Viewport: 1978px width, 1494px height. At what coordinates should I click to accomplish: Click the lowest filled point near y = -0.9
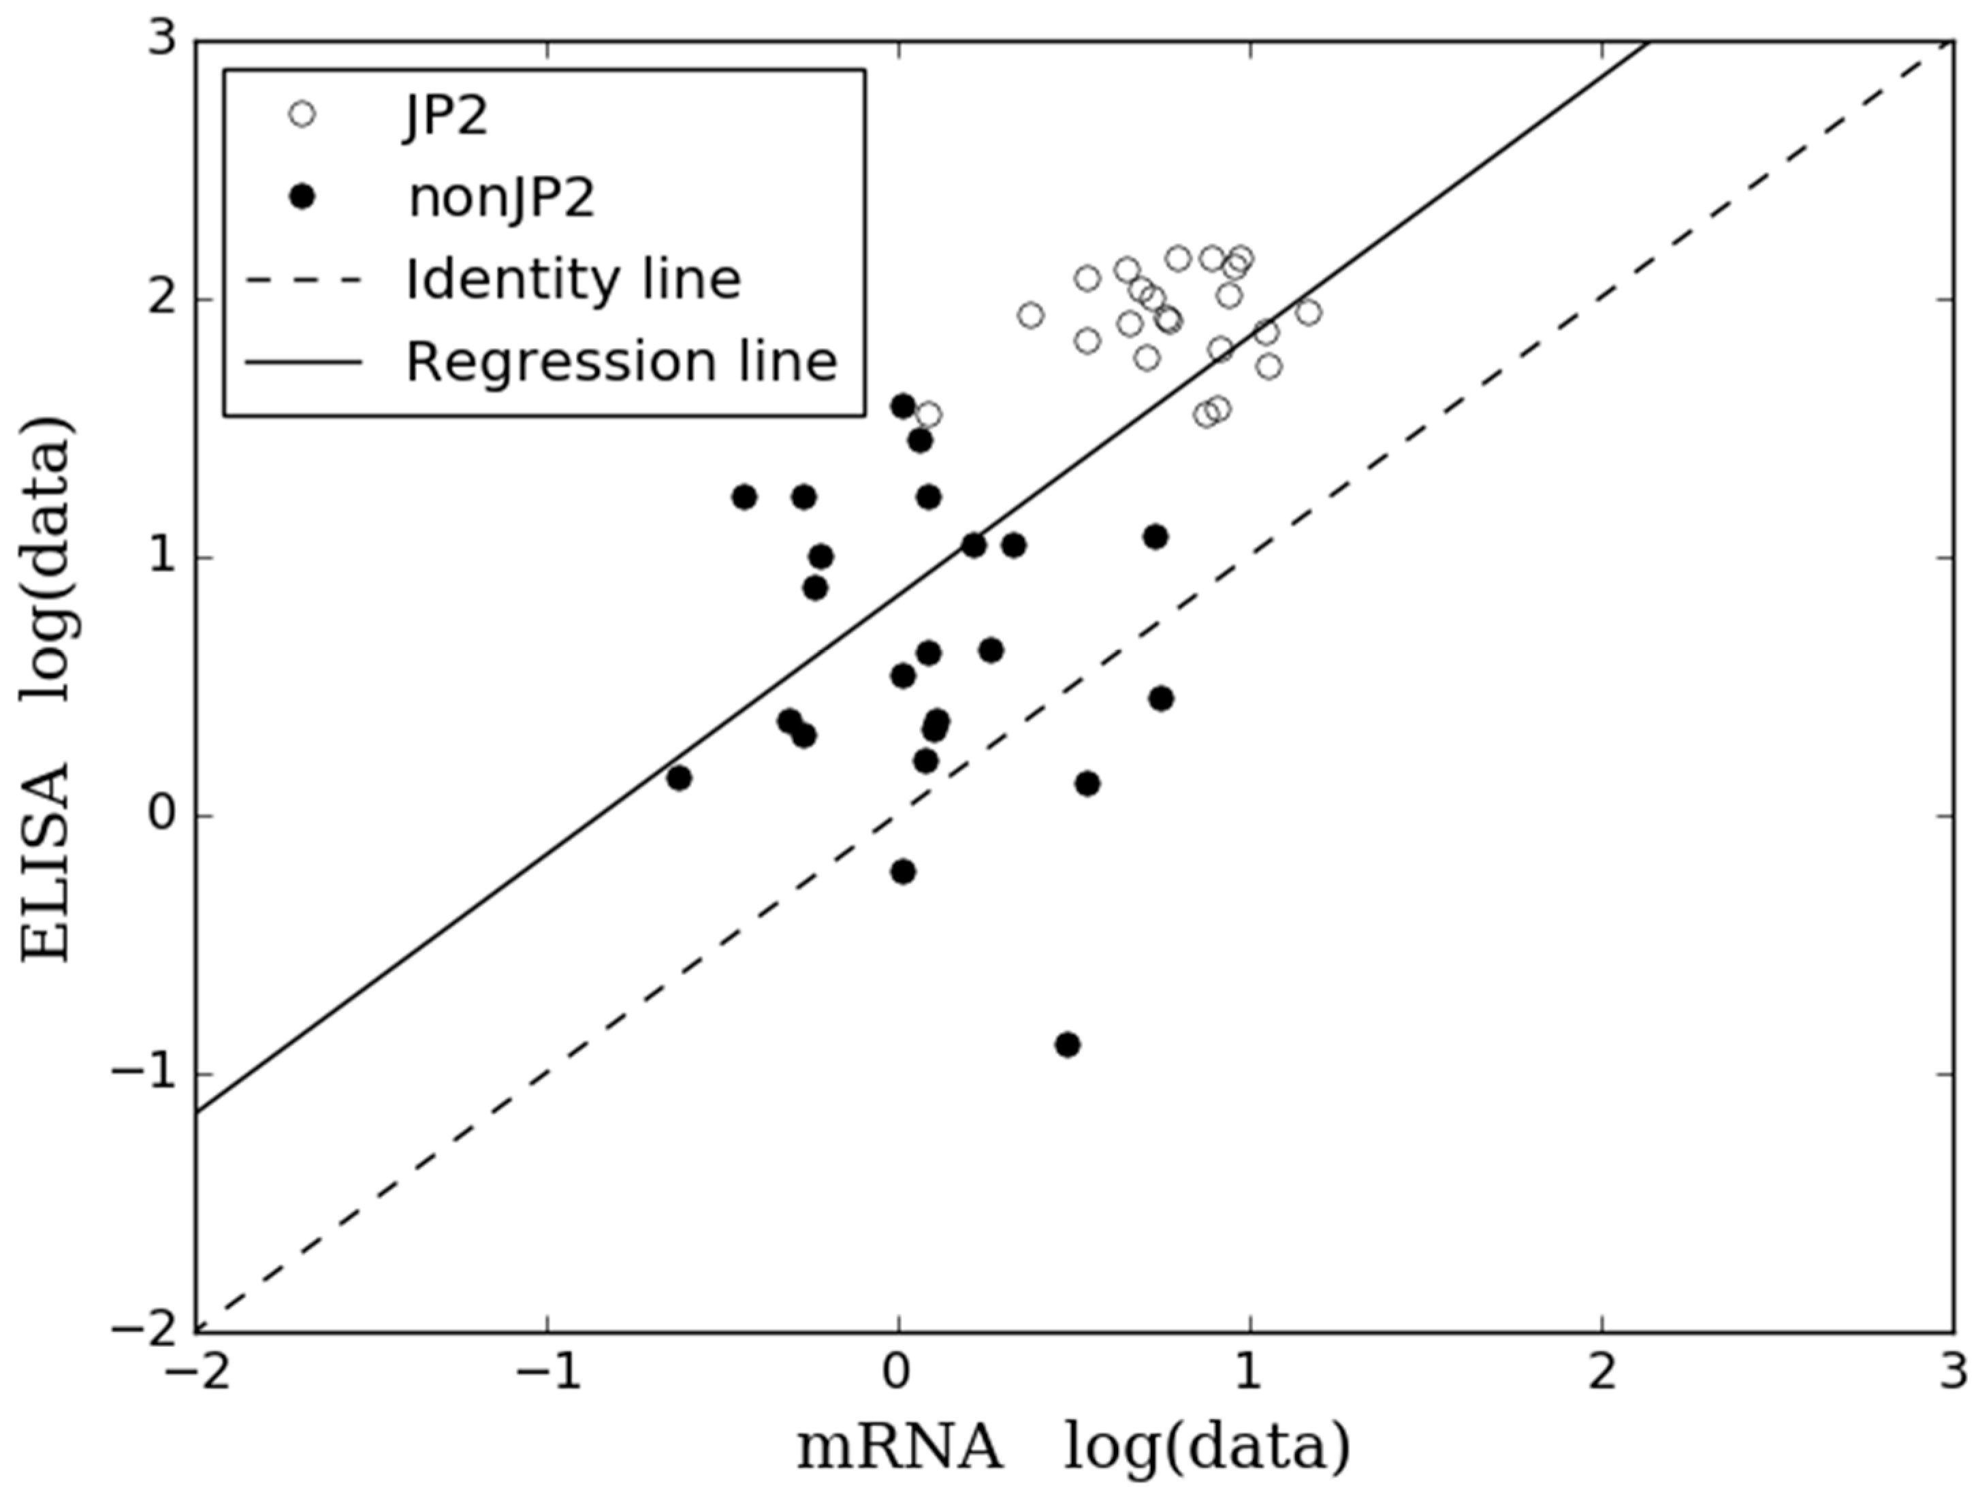[1067, 1045]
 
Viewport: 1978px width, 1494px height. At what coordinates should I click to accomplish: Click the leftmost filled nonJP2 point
[679, 778]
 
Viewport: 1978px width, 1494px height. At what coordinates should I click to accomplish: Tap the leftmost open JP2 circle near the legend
[929, 415]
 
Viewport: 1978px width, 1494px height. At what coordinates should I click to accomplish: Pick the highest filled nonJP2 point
[903, 406]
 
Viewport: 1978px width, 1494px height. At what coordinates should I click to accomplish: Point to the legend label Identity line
[573, 279]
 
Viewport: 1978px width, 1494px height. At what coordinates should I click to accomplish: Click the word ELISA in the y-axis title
[46, 863]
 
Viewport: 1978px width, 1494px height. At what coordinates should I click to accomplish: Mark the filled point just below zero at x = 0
[903, 871]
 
